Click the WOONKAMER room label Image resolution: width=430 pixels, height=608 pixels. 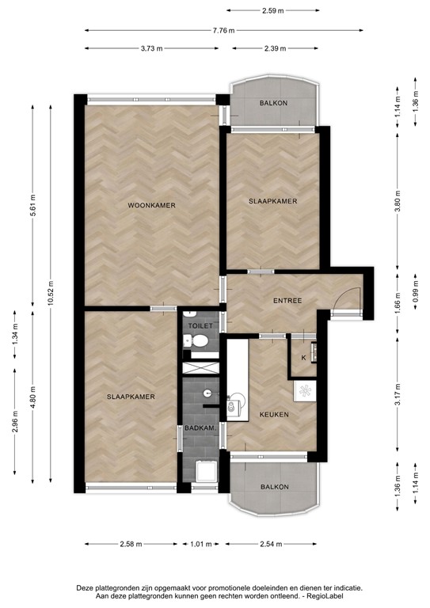tap(151, 205)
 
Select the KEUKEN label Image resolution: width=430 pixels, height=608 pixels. tap(274, 414)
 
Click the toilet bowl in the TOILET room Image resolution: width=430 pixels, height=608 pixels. tap(200, 342)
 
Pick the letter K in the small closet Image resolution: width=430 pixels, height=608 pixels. tap(303, 357)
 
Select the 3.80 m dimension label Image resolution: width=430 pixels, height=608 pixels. tap(398, 202)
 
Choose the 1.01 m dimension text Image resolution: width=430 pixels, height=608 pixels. tap(200, 544)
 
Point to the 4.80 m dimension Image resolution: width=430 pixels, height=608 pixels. tap(32, 393)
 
